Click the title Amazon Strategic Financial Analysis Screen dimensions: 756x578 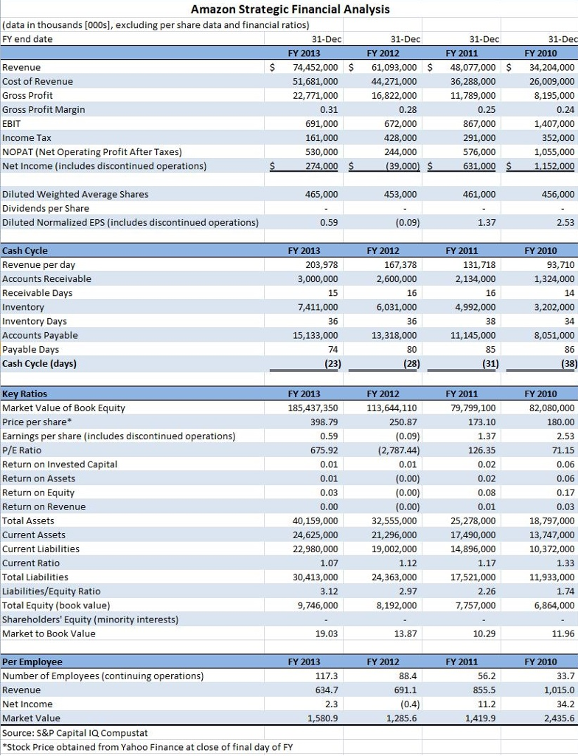(290, 10)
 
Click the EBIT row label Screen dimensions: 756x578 (13, 123)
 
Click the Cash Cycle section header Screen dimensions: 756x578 (25, 251)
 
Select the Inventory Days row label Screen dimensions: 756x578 (35, 321)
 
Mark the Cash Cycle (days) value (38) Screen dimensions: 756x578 (567, 363)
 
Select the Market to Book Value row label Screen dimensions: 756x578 (49, 633)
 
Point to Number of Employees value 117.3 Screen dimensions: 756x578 (327, 676)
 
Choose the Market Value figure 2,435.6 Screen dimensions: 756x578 (559, 718)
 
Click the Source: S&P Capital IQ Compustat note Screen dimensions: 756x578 (75, 733)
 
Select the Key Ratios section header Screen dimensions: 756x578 (24, 394)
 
